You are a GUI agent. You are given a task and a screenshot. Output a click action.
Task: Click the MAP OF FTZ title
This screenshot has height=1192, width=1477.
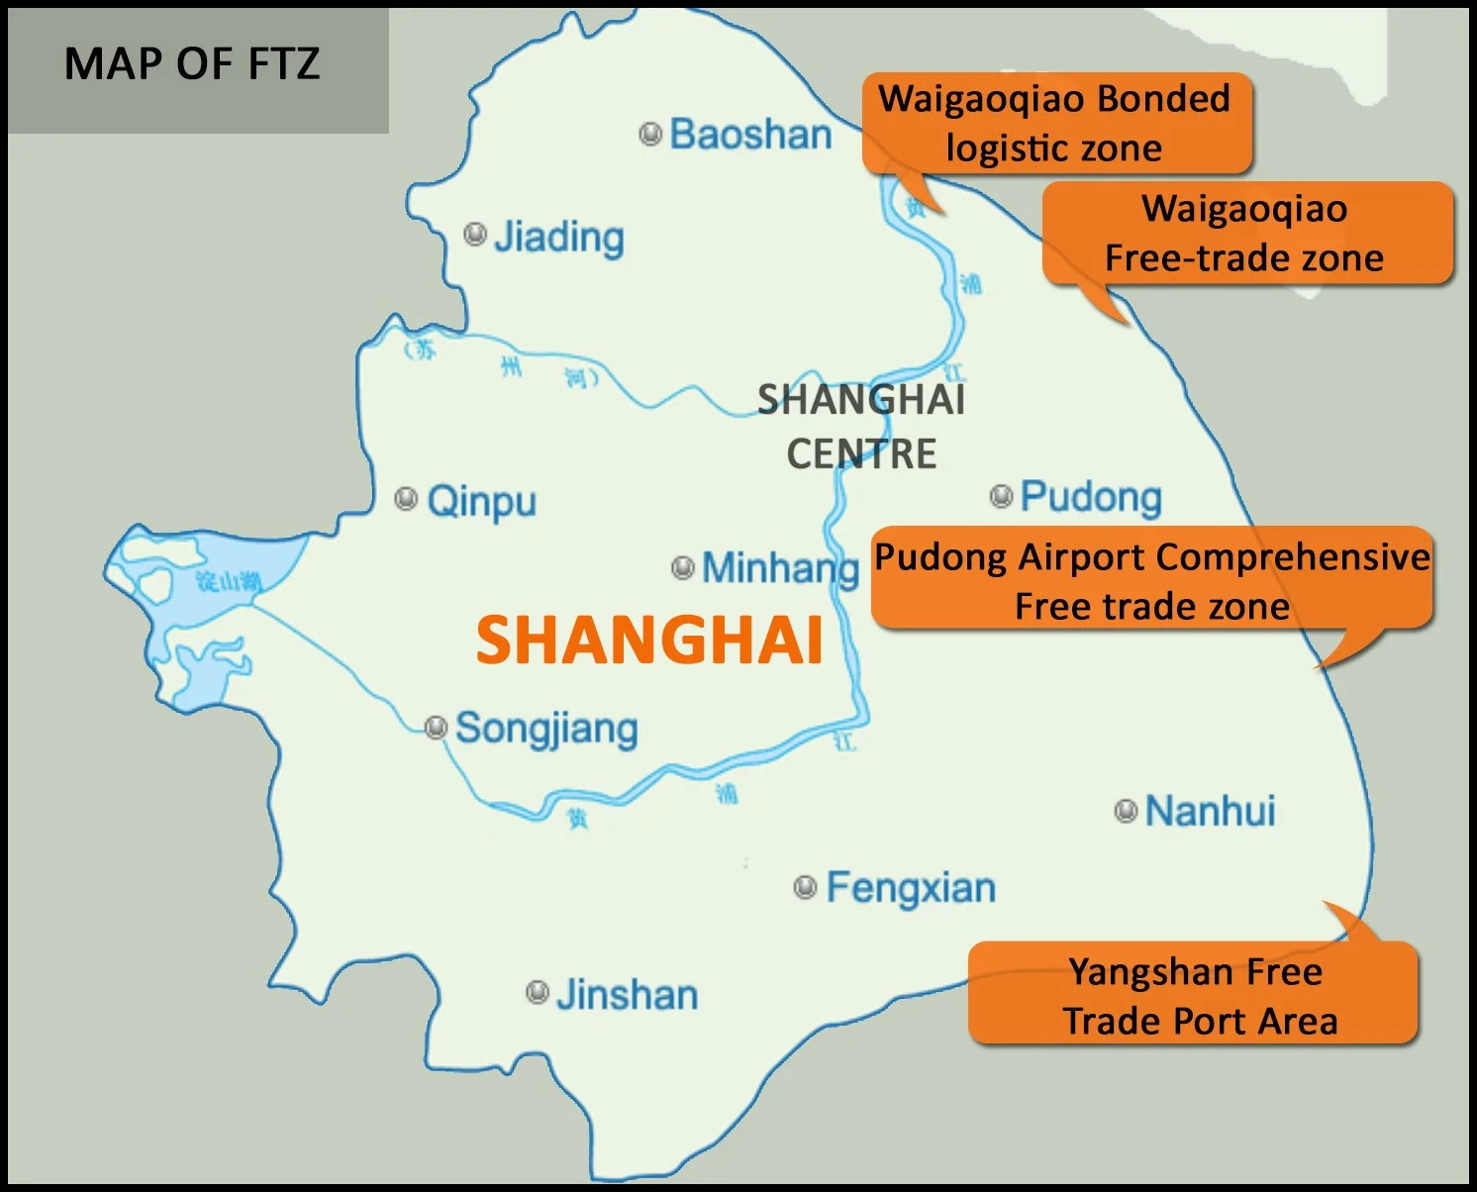click(192, 64)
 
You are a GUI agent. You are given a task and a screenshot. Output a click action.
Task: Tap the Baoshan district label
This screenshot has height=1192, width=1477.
click(750, 135)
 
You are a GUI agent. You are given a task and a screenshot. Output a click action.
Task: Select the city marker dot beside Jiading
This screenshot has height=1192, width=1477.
click(475, 235)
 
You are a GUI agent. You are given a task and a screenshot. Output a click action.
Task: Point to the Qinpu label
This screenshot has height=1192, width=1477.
click(481, 501)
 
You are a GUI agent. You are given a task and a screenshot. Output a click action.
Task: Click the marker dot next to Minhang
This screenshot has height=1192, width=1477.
click(682, 567)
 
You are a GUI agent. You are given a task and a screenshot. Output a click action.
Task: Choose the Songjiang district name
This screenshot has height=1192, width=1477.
click(546, 730)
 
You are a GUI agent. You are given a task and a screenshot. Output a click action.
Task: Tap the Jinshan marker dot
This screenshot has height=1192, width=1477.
click(538, 992)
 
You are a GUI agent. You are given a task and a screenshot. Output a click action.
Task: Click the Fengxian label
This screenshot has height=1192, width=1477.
click(911, 888)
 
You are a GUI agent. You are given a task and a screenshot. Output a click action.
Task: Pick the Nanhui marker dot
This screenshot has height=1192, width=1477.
click(1126, 811)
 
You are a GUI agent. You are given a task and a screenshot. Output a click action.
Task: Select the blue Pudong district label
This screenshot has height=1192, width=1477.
click(1091, 497)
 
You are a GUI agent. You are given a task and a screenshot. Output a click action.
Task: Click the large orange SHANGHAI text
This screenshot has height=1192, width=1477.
click(649, 641)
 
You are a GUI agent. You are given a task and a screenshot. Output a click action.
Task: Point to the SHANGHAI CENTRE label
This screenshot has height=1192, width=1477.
click(861, 427)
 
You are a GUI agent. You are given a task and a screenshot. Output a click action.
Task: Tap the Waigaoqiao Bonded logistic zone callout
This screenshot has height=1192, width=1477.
click(1055, 124)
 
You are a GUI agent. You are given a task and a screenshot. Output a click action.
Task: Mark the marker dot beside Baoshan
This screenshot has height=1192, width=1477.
click(650, 134)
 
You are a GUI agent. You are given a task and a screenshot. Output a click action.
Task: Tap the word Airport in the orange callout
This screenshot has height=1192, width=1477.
click(1075, 557)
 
